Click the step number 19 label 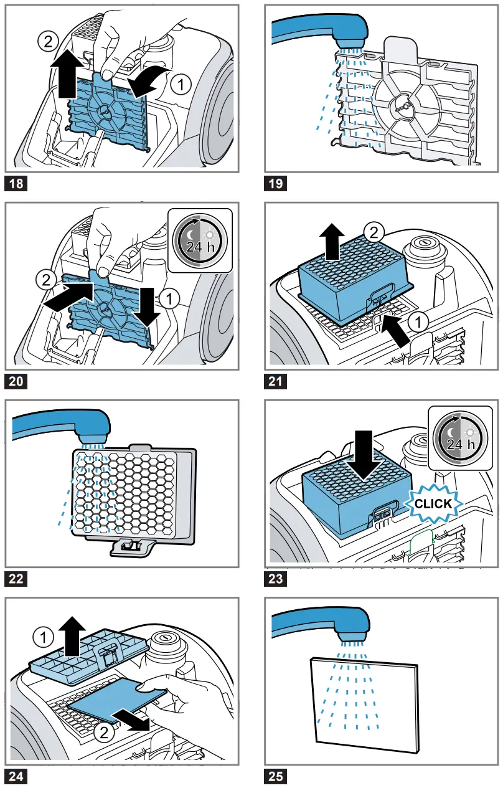pyautogui.click(x=275, y=183)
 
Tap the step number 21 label pyautogui.click(x=275, y=381)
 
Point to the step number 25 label pyautogui.click(x=275, y=776)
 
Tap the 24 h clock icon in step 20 pyautogui.click(x=199, y=240)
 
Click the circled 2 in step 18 pyautogui.click(x=47, y=41)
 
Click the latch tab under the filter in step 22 pyautogui.click(x=133, y=547)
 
